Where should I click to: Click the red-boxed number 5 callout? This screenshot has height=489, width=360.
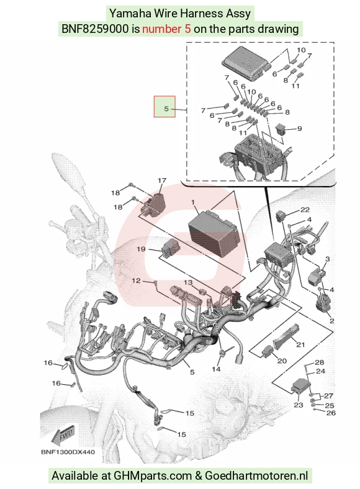(164, 107)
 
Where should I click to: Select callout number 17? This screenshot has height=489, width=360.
(162, 181)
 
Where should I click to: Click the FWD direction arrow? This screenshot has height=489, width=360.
(63, 434)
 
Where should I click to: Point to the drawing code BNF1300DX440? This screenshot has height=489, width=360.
(68, 452)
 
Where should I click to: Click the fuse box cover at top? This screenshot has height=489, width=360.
(246, 64)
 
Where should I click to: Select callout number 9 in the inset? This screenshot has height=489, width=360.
(299, 128)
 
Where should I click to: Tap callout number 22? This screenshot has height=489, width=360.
(305, 210)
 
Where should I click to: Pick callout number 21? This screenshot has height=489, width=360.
(300, 344)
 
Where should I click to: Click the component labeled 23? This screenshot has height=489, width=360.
(300, 388)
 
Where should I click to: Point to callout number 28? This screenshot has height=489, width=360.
(319, 362)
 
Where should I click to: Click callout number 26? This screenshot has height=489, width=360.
(331, 413)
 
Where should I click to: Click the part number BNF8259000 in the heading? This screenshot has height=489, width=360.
(95, 29)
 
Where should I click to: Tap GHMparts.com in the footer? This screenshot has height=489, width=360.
(153, 476)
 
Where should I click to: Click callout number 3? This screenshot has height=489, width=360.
(327, 259)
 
